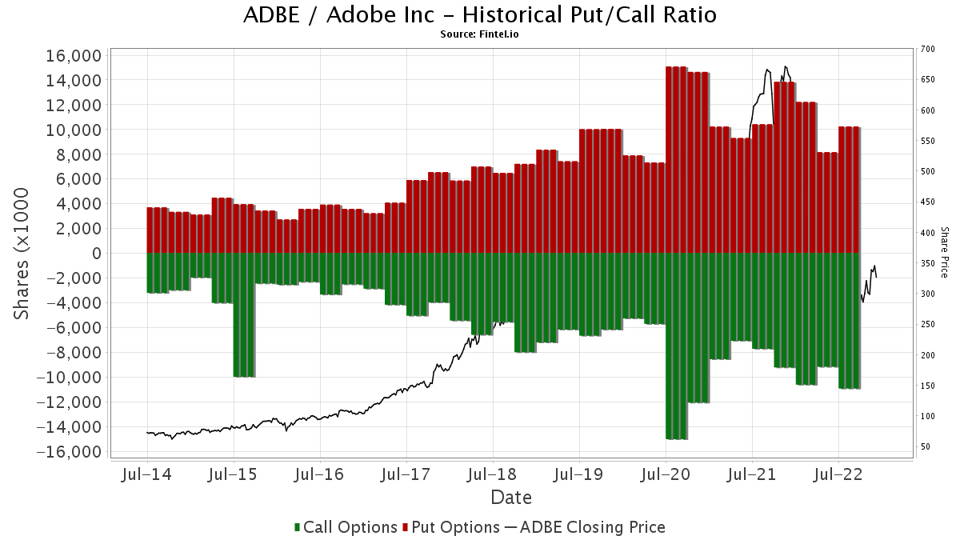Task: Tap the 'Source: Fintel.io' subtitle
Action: coord(480,34)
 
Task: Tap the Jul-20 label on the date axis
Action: coord(666,474)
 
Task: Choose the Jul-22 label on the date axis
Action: coord(838,474)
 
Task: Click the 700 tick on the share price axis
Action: coord(927,50)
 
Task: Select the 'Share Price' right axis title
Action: coord(944,251)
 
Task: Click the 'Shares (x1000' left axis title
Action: coord(22,254)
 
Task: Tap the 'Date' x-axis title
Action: coord(510,497)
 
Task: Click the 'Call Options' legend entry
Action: coord(346,527)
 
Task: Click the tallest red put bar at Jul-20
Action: coord(676,160)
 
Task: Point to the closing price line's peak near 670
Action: coord(786,66)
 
